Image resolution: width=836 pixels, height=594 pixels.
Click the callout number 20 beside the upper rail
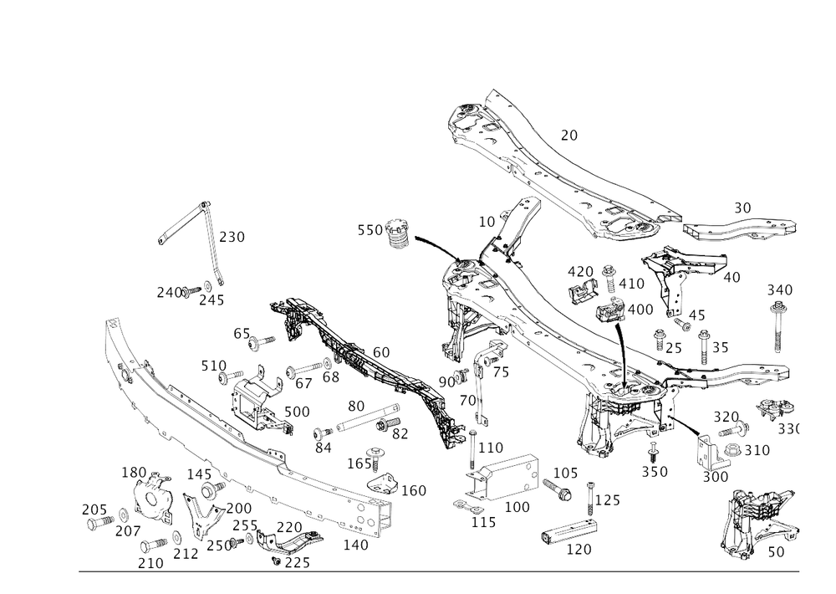[569, 135]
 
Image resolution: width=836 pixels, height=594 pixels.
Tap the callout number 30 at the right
[743, 207]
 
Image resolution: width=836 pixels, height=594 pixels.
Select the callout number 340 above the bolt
[780, 290]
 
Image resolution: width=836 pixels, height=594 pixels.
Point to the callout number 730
[232, 238]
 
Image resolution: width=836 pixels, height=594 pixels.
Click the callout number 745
[170, 291]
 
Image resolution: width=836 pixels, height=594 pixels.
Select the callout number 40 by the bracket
[731, 277]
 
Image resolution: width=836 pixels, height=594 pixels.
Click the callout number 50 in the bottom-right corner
[776, 552]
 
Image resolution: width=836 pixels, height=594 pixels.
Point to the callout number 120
[579, 550]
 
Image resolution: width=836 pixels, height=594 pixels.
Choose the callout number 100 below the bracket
[517, 507]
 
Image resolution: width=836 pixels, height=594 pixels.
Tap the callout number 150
[133, 474]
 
